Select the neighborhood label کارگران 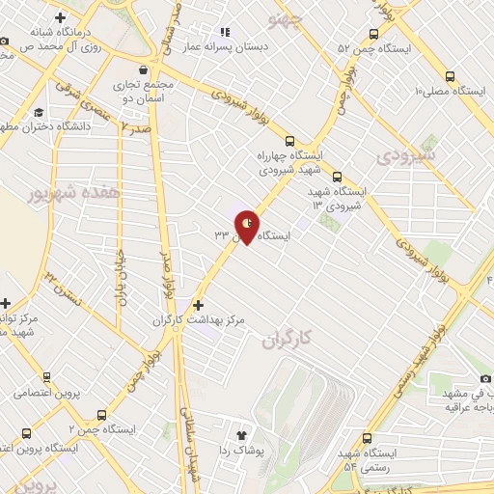coord(287,341)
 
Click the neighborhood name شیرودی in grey coord(407,154)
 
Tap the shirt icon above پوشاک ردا coord(241,435)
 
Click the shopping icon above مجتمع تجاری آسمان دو coord(144,69)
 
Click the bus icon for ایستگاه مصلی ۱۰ coord(450,77)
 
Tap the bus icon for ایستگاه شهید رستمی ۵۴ coord(367,438)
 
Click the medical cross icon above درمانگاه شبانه coord(61,17)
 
